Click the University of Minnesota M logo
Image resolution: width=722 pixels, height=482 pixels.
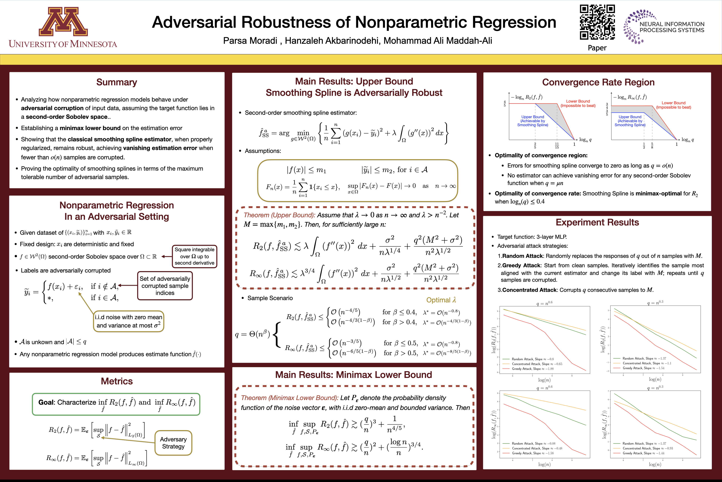pyautogui.click(x=63, y=22)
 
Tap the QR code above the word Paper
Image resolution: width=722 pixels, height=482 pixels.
pyautogui.click(x=597, y=22)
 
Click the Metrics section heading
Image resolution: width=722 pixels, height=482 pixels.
pyautogui.click(x=117, y=381)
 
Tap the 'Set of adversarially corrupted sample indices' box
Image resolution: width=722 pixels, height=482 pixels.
pyautogui.click(x=165, y=286)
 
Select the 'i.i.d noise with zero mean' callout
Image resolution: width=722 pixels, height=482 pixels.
pyautogui.click(x=129, y=321)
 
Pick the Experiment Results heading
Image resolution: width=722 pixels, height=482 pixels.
pyautogui.click(x=597, y=222)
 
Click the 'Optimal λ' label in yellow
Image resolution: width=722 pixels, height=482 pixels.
pyautogui.click(x=441, y=300)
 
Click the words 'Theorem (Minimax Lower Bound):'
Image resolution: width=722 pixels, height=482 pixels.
pyautogui.click(x=290, y=398)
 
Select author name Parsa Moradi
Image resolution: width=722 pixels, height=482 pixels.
pyautogui.click(x=250, y=41)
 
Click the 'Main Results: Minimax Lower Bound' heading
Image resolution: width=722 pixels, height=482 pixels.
pyautogui.click(x=354, y=375)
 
